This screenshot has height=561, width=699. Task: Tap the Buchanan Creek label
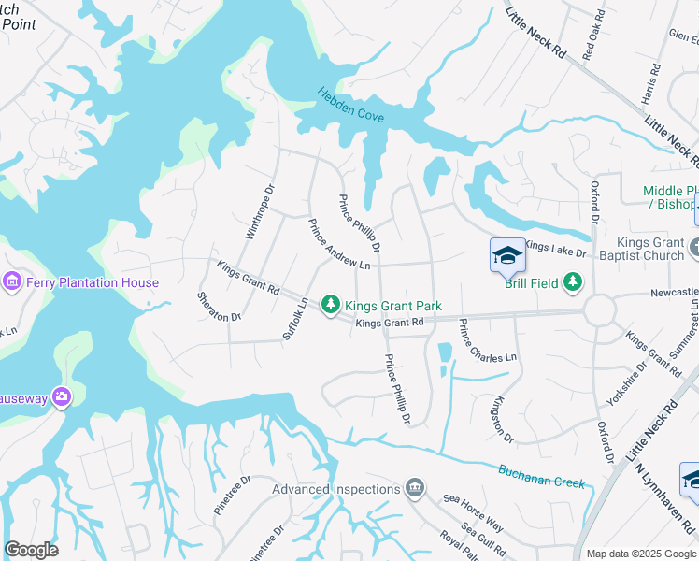[x=541, y=477]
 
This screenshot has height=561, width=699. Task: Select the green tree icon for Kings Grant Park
[x=330, y=305]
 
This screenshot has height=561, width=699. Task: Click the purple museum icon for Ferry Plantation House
[x=13, y=281]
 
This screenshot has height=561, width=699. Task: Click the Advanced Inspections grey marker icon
[x=415, y=488]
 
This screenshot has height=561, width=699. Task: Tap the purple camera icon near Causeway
[x=62, y=396]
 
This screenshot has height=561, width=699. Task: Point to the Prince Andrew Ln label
[x=339, y=245]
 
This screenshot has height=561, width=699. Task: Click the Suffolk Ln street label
[x=295, y=319]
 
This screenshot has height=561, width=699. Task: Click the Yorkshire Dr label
[x=626, y=383]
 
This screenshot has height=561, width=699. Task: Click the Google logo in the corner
[x=31, y=550]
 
